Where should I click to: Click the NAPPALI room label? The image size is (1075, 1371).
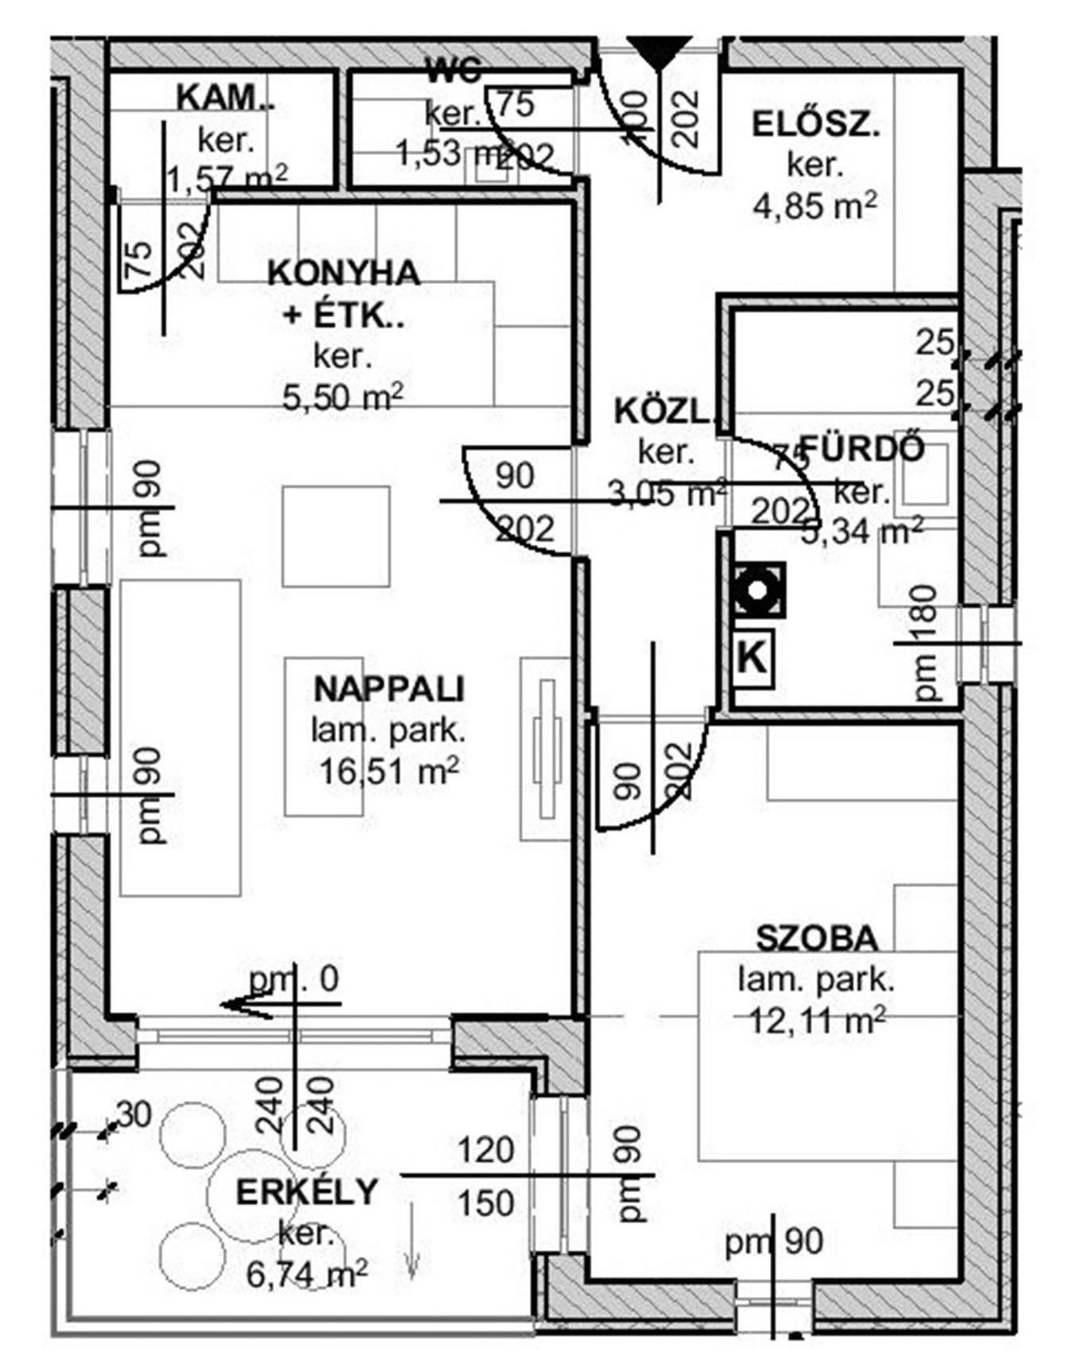(x=389, y=688)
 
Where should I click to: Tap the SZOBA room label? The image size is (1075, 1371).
(x=817, y=939)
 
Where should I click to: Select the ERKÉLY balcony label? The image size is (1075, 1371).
(x=306, y=1192)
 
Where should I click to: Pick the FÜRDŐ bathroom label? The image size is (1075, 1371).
(x=862, y=449)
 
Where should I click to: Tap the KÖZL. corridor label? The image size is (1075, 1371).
(x=666, y=412)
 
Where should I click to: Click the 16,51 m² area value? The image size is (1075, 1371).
(x=389, y=770)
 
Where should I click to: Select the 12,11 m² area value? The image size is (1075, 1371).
(x=817, y=1020)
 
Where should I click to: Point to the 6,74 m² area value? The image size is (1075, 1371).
(x=306, y=1275)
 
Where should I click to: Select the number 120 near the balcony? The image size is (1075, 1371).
(x=485, y=1150)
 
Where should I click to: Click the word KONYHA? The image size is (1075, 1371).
(x=343, y=273)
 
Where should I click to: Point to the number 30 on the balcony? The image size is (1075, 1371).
(x=135, y=1115)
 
